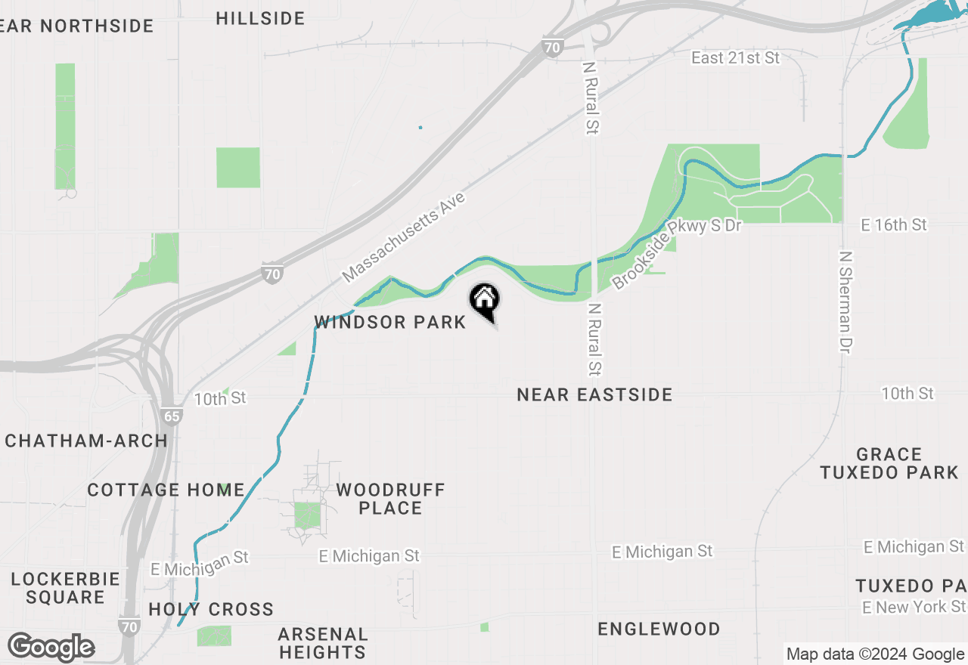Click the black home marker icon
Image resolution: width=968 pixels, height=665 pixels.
484,300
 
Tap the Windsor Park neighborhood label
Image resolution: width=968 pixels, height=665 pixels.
390,323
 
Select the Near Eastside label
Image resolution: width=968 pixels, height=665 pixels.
594,394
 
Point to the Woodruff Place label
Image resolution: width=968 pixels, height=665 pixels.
390,499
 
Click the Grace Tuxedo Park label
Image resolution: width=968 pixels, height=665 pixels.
889,463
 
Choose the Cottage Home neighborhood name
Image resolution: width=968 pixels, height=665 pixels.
166,490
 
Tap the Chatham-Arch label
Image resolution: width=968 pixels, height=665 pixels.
86,441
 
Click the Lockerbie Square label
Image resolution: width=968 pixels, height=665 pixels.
66,588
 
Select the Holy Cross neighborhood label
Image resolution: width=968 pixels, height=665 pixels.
211,609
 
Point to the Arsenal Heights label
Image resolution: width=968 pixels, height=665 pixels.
322,642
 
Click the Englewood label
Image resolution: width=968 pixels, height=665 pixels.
659,629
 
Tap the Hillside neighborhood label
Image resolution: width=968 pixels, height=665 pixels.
260,18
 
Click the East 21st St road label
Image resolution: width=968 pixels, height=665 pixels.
735,57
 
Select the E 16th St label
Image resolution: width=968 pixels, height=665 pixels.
893,224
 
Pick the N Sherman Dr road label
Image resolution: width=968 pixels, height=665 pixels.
845,302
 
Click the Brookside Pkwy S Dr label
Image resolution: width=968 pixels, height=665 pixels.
677,253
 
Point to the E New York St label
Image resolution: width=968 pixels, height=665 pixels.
914,607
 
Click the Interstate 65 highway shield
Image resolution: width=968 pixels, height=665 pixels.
172,416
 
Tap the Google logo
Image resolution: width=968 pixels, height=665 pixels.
51,648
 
